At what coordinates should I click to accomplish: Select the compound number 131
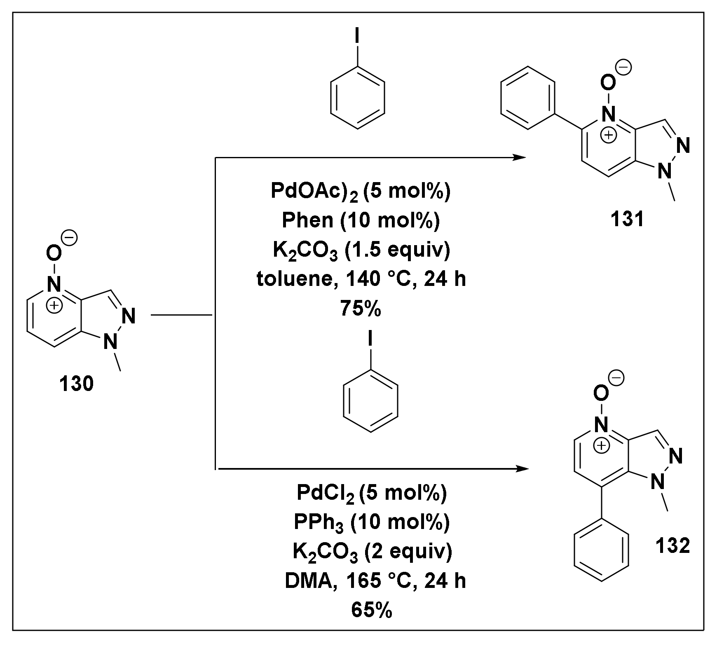(x=627, y=220)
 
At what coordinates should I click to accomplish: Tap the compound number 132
(x=672, y=546)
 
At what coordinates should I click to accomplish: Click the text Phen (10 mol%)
(x=361, y=220)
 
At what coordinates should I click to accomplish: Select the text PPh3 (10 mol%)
(x=371, y=522)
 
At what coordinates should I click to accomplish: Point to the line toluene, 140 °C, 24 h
(x=361, y=279)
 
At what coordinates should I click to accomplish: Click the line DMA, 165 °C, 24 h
(x=375, y=581)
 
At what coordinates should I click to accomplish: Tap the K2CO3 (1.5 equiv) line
(x=361, y=250)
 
